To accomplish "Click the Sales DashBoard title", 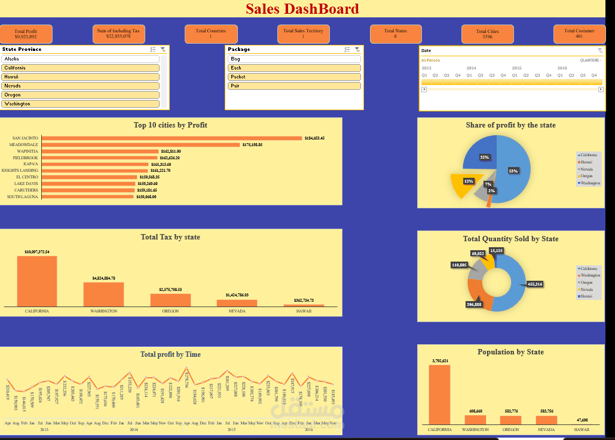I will pos(302,9).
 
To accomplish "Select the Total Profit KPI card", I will pos(26,34).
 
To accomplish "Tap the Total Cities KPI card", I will pos(487,34).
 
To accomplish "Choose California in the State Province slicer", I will pos(81,68).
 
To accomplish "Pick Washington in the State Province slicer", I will pos(81,104).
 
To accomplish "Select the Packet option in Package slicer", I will pos(294,77).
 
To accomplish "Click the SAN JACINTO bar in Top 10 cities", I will pos(172,138).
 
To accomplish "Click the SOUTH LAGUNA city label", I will pos(23,197).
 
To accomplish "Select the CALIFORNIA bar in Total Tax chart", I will pos(37,281).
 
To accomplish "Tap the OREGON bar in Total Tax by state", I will pos(170,300).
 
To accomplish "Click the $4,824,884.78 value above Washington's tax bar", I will pos(103,278).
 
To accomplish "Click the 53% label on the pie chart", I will pos(513,171).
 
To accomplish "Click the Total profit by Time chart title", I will pos(170,354).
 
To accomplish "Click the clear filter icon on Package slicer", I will pos(357,50).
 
